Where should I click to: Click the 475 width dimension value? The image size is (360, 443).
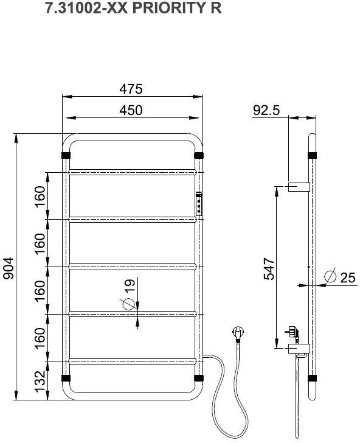(x=131, y=89)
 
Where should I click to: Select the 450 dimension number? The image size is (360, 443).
(x=131, y=110)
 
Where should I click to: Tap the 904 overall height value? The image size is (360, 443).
(x=8, y=268)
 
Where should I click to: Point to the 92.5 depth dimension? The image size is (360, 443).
(x=266, y=110)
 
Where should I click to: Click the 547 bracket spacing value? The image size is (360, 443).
(x=269, y=269)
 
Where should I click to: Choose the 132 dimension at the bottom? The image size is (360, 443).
(x=40, y=382)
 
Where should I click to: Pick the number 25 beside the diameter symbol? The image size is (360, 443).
(x=347, y=277)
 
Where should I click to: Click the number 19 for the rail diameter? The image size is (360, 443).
(x=130, y=285)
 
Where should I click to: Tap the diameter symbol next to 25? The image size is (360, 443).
(x=330, y=276)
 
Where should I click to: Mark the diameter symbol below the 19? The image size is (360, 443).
(x=128, y=304)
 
